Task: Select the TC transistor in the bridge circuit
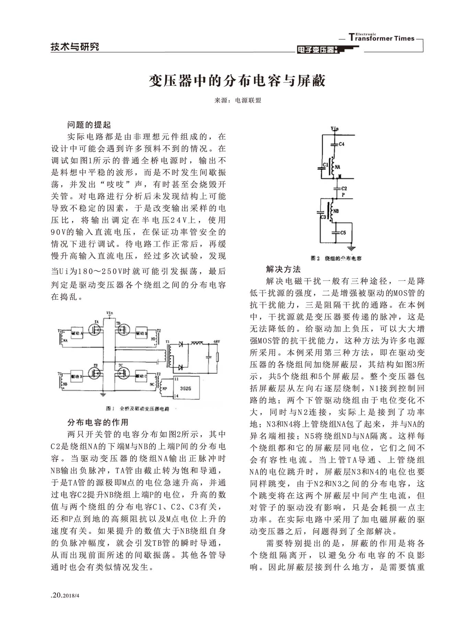(x=123, y=373)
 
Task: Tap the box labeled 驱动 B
(x=76, y=377)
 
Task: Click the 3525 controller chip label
(x=185, y=388)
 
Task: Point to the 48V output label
(x=216, y=341)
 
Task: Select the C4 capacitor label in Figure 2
(x=341, y=144)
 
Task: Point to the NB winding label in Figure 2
(x=336, y=211)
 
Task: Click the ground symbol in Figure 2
(x=351, y=248)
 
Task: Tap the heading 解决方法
(x=283, y=269)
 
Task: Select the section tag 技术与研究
(x=75, y=47)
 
